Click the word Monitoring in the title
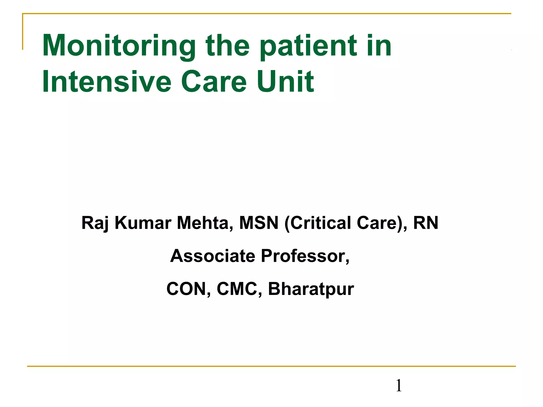(119, 46)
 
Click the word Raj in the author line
(95, 223)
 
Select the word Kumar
(143, 223)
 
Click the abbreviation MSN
(259, 223)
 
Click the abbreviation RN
(426, 223)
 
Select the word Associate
(212, 256)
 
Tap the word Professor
(305, 256)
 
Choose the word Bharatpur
(311, 289)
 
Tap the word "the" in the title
(228, 46)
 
